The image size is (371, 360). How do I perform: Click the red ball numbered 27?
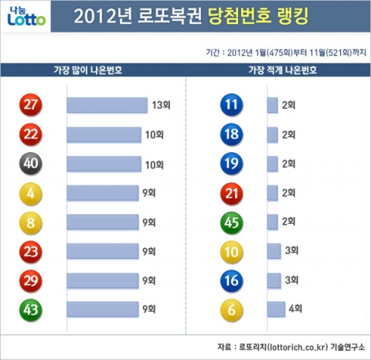pyautogui.click(x=32, y=105)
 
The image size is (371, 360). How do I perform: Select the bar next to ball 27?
pyautogui.click(x=107, y=105)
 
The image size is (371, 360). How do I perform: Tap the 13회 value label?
pyautogui.click(x=160, y=105)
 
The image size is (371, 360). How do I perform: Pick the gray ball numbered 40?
pyautogui.click(x=32, y=164)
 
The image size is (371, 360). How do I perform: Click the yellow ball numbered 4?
pyautogui.click(x=32, y=193)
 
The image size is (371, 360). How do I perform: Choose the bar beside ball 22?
pyautogui.click(x=104, y=134)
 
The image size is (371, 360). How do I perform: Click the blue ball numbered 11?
pyautogui.click(x=231, y=105)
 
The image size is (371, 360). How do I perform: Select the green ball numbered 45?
pyautogui.click(x=231, y=222)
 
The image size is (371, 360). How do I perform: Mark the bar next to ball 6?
pyautogui.click(x=276, y=309)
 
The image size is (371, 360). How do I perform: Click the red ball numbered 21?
pyautogui.click(x=231, y=193)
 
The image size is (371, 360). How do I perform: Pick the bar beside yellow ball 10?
pyautogui.click(x=274, y=251)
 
